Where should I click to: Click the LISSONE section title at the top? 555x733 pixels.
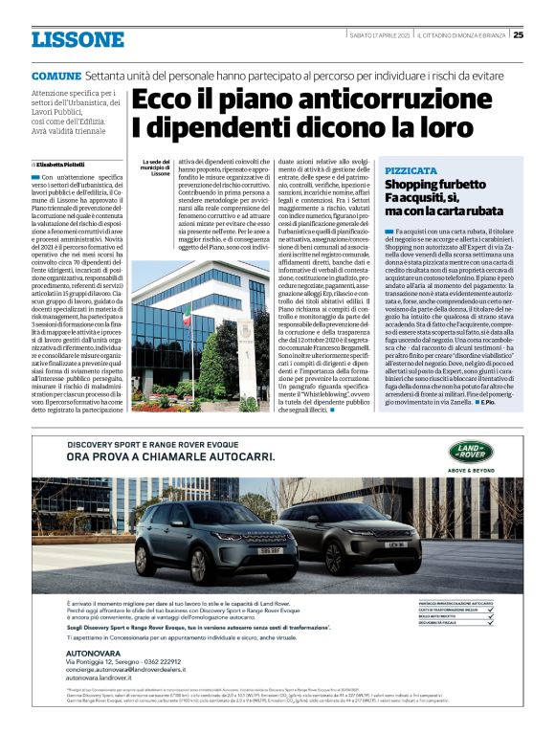(78, 38)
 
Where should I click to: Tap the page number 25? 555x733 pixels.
(518, 35)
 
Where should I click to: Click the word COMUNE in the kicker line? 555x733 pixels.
(55, 75)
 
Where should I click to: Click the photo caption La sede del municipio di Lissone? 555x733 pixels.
(154, 168)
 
